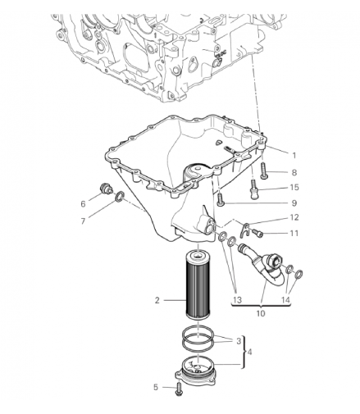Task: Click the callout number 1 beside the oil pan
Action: [294, 155]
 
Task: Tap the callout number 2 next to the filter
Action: [157, 300]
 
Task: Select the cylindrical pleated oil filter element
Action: [198, 284]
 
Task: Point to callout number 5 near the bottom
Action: [156, 387]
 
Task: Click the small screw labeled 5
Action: [179, 389]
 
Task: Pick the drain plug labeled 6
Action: [104, 189]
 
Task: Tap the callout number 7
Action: [83, 221]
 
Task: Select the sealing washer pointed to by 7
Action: [120, 197]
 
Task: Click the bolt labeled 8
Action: [264, 171]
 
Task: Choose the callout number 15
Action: [294, 187]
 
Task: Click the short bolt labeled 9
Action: [220, 199]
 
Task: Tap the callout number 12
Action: [294, 217]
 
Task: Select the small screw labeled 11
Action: [257, 233]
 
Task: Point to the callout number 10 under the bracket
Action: [261, 313]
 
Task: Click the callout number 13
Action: [238, 300]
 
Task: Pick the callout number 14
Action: [285, 300]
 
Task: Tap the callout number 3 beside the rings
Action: [239, 341]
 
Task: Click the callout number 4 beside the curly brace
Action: [249, 352]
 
